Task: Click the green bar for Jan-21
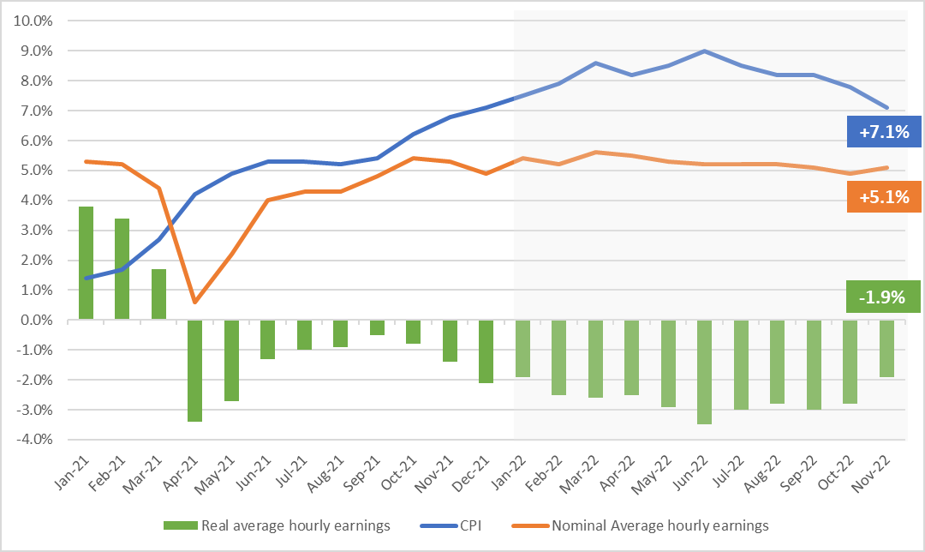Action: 87,263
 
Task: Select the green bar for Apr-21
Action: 195,370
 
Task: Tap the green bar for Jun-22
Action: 704,372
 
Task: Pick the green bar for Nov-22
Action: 886,348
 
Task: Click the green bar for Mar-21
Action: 159,294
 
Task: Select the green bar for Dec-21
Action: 486,351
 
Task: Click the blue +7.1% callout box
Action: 883,133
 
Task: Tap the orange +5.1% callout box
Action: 883,196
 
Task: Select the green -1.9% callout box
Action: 883,297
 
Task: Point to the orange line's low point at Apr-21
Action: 195,302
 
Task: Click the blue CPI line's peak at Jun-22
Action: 704,51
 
